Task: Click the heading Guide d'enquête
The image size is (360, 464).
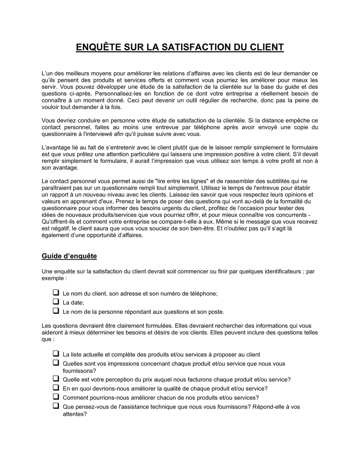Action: tap(69, 256)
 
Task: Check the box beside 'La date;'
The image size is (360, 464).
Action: tap(56, 301)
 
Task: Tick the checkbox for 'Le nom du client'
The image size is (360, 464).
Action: tap(56, 292)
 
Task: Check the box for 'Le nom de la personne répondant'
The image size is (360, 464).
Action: tap(56, 310)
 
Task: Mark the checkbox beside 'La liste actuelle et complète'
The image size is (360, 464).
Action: tap(56, 353)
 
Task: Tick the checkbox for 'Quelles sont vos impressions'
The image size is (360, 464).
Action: tap(56, 363)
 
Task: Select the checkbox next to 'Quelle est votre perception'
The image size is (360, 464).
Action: tap(56, 378)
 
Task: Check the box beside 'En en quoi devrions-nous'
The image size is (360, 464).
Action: tap(56, 387)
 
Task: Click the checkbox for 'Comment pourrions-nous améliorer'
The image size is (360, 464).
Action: tap(56, 396)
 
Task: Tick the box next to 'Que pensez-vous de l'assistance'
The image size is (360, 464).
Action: tap(56, 406)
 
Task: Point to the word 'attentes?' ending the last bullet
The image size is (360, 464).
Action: tap(75, 414)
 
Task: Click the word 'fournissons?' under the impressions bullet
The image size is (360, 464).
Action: tap(79, 371)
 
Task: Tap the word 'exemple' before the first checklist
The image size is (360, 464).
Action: tap(53, 278)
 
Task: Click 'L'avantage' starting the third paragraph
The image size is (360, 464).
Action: tap(55, 147)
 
